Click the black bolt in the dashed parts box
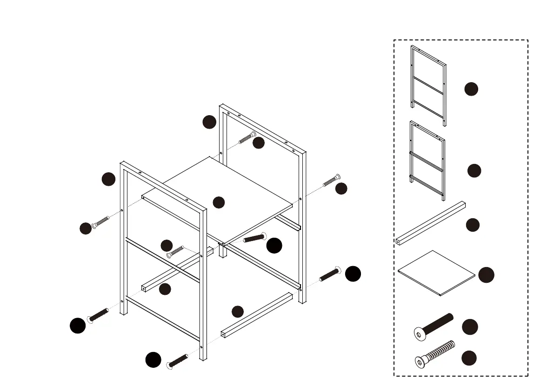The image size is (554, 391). click(x=434, y=326)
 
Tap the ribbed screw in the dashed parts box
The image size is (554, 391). click(x=434, y=354)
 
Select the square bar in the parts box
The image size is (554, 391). click(x=431, y=223)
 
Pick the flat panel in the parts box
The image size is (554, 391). click(x=436, y=273)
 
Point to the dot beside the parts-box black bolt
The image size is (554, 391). click(x=470, y=327)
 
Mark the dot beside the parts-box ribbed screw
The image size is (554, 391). click(x=469, y=358)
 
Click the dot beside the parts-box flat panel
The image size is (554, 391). click(x=487, y=275)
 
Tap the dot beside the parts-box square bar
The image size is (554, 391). click(x=473, y=225)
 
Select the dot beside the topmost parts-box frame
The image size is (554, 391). click(x=471, y=89)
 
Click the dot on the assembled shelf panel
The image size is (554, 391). click(x=219, y=202)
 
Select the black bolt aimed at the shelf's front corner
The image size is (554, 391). click(x=254, y=238)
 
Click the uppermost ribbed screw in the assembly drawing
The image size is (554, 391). click(x=247, y=138)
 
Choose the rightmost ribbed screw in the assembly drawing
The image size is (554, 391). click(x=331, y=180)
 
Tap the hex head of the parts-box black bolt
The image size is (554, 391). click(x=419, y=333)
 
